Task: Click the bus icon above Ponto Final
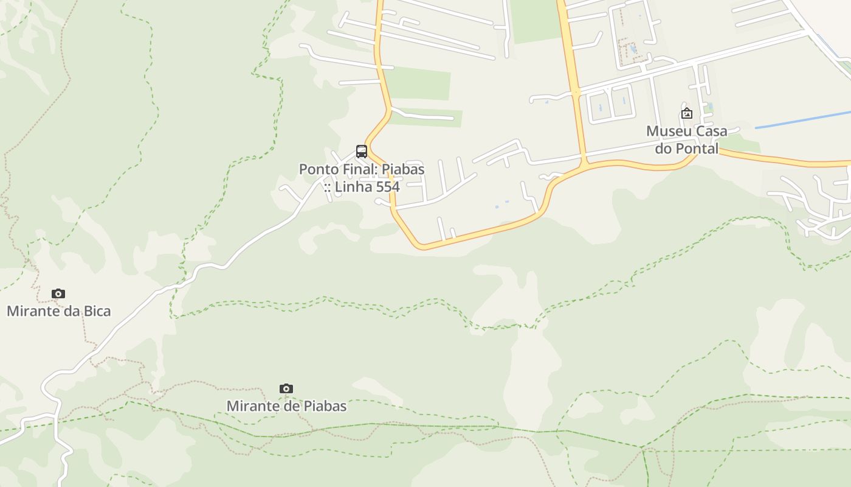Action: tap(362, 152)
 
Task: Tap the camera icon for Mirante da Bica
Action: tap(58, 294)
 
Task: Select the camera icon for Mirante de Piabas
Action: tap(286, 389)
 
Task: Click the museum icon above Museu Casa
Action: tap(687, 113)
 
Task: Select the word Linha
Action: tap(351, 186)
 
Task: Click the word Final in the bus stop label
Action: tap(362, 169)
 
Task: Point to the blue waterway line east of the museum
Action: tap(802, 120)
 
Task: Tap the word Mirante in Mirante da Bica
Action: tap(31, 312)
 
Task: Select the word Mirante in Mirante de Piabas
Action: tap(251, 406)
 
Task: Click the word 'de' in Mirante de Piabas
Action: tap(289, 406)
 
